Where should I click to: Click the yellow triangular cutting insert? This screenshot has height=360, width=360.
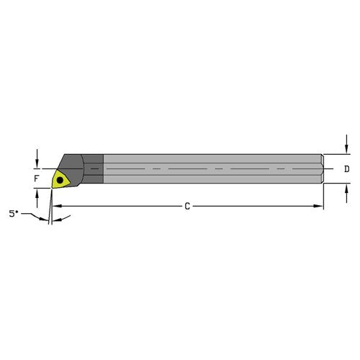[62, 177]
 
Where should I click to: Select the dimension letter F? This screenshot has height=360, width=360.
[37, 176]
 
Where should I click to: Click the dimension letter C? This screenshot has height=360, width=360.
[187, 207]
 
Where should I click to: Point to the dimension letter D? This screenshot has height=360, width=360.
[346, 169]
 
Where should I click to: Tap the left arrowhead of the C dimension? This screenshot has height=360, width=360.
[58, 207]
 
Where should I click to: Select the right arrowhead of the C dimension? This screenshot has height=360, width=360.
[320, 207]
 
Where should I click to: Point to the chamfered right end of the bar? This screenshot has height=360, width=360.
[320, 169]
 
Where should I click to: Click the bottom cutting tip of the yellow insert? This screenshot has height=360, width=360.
[55, 188]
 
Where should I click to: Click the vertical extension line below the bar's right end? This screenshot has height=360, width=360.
[323, 198]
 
